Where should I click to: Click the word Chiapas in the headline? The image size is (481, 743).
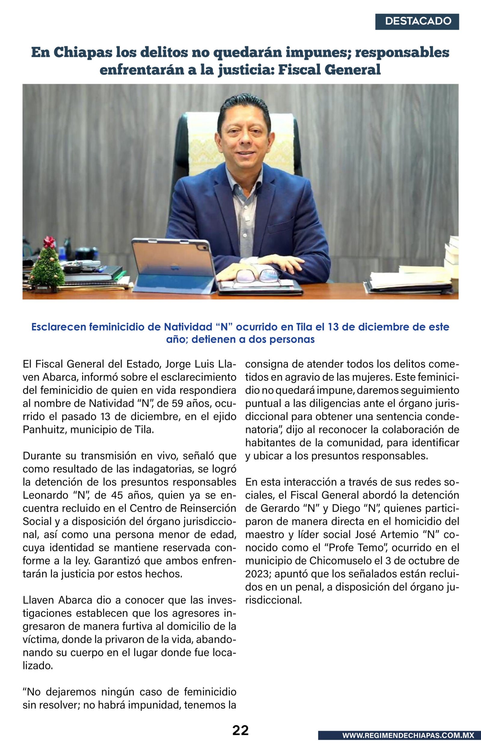point(83,52)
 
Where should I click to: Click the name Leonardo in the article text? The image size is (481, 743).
point(46,495)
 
